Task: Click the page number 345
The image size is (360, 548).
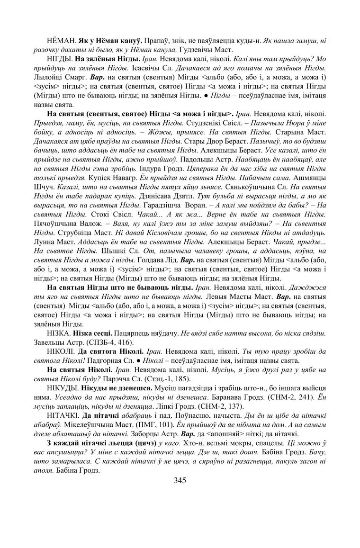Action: click(x=180, y=480)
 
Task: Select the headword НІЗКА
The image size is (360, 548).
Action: click(x=59, y=334)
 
